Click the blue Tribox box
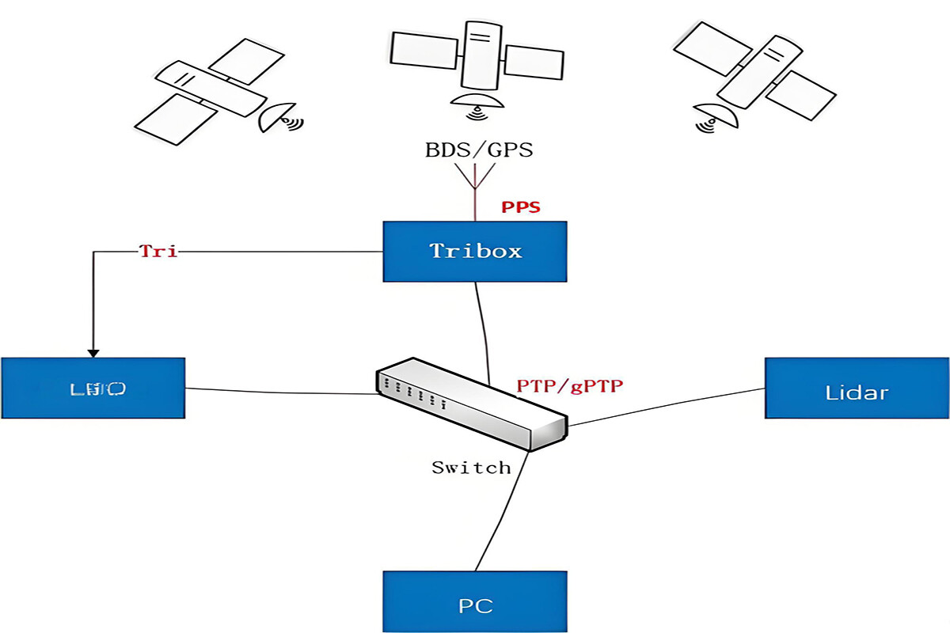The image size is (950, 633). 475,252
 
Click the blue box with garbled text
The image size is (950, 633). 93,388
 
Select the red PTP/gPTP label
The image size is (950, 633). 570,386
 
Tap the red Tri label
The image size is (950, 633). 158,252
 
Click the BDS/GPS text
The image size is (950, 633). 478,150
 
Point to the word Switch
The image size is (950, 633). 471,468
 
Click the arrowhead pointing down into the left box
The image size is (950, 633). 93,351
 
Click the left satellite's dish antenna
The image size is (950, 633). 278,116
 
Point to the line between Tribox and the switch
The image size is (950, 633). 481,324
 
